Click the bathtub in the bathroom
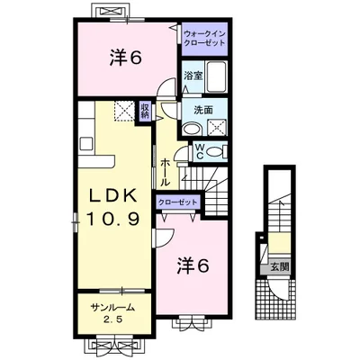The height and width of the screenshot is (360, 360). point(215,77)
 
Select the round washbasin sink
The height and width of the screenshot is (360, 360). point(191,129)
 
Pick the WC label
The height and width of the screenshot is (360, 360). point(200,151)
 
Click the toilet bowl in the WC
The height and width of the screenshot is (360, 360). point(216,151)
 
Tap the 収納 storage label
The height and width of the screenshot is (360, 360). point(145,112)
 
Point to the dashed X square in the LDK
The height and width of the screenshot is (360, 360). point(122,112)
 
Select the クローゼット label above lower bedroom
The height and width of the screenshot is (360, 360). point(177,202)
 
